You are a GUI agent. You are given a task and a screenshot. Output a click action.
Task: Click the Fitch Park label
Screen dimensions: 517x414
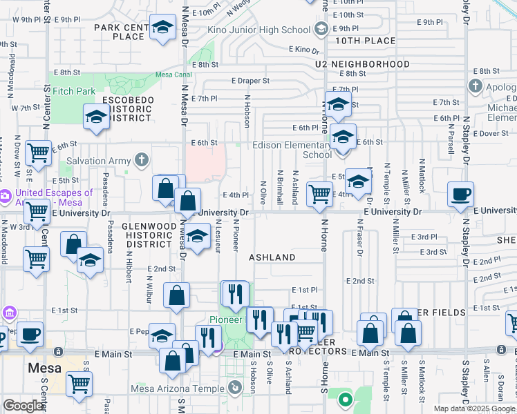[x=74, y=90]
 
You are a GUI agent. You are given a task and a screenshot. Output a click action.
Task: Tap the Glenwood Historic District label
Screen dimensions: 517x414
[x=146, y=235]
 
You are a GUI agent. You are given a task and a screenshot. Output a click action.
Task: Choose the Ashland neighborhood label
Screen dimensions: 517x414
[x=272, y=257]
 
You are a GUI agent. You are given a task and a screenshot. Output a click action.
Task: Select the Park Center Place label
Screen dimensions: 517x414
[x=122, y=32]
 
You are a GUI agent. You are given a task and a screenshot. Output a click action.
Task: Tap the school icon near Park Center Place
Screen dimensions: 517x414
[x=162, y=28]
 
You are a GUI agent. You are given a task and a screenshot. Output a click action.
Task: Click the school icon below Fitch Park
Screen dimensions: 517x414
[x=95, y=117]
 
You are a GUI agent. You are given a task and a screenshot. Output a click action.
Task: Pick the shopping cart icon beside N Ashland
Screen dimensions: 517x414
[x=319, y=194]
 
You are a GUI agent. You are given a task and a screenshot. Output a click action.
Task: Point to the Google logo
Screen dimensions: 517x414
[x=23, y=406]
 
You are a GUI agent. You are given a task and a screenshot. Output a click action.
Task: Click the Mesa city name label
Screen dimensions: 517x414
[x=44, y=368]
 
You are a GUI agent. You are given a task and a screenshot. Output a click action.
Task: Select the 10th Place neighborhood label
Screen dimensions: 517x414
[x=366, y=41]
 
